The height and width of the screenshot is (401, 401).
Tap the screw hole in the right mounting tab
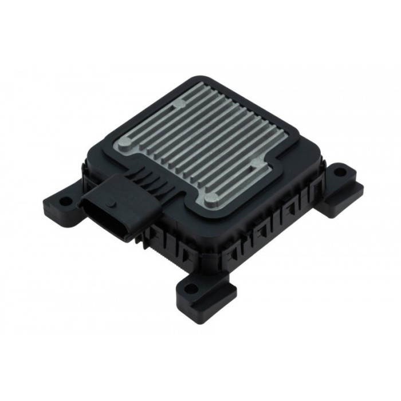340,171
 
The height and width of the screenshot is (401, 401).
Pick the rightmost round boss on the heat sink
254,160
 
